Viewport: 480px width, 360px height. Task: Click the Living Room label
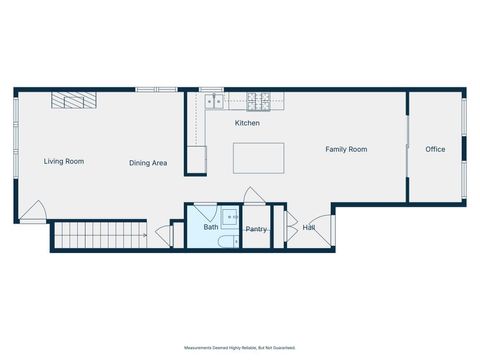coord(63,161)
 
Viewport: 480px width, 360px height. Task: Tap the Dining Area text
coord(147,163)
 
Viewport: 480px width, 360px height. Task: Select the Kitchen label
coord(247,123)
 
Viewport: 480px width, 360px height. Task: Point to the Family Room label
coord(346,149)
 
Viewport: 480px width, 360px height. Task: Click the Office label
coord(435,149)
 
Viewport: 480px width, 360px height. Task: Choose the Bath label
coord(211,227)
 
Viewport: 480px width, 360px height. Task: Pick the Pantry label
coord(256,229)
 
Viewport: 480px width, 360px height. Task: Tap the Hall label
coord(309,227)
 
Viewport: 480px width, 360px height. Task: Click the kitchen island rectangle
coord(258,158)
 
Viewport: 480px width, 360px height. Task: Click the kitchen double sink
coord(215,101)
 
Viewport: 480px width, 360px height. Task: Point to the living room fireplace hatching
coord(75,99)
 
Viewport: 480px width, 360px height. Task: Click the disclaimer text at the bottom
coord(240,347)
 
